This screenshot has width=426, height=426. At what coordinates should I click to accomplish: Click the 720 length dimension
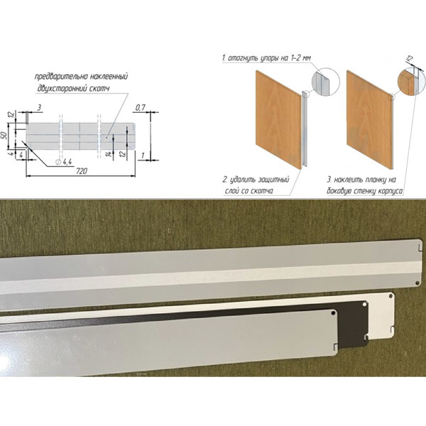(x=82, y=171)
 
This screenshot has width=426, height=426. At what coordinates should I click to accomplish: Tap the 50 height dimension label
(x=4, y=135)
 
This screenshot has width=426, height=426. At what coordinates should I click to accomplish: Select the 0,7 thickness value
(x=140, y=108)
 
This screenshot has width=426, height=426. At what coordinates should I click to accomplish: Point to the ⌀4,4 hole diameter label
(x=64, y=162)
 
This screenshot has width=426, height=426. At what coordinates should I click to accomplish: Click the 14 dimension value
(x=109, y=154)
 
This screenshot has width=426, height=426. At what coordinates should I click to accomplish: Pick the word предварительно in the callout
(x=58, y=77)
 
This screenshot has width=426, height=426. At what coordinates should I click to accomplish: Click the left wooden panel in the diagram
(x=278, y=119)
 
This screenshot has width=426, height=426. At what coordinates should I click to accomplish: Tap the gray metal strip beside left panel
(x=305, y=130)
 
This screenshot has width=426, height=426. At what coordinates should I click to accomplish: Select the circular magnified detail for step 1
(x=326, y=82)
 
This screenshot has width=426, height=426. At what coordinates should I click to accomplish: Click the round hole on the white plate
(x=391, y=295)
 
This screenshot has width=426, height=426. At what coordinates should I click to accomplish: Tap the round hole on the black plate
(x=365, y=305)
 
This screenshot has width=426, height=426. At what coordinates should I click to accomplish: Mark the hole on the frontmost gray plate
(x=334, y=313)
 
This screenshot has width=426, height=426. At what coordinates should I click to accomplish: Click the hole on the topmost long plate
(x=418, y=283)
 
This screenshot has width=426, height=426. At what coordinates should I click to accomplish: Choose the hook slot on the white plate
(x=390, y=330)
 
